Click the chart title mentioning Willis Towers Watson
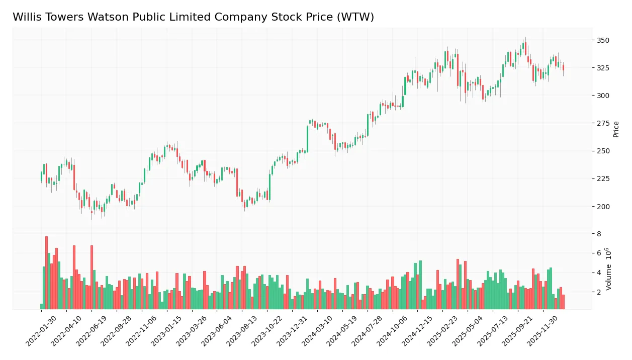193,17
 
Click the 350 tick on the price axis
603,40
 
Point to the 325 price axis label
603,68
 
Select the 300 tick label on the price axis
603,96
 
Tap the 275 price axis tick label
603,123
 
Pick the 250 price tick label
603,151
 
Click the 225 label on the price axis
603,178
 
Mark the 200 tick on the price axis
603,206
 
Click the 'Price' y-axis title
616,129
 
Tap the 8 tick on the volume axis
599,234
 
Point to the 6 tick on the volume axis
599,253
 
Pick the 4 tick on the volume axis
599,273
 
